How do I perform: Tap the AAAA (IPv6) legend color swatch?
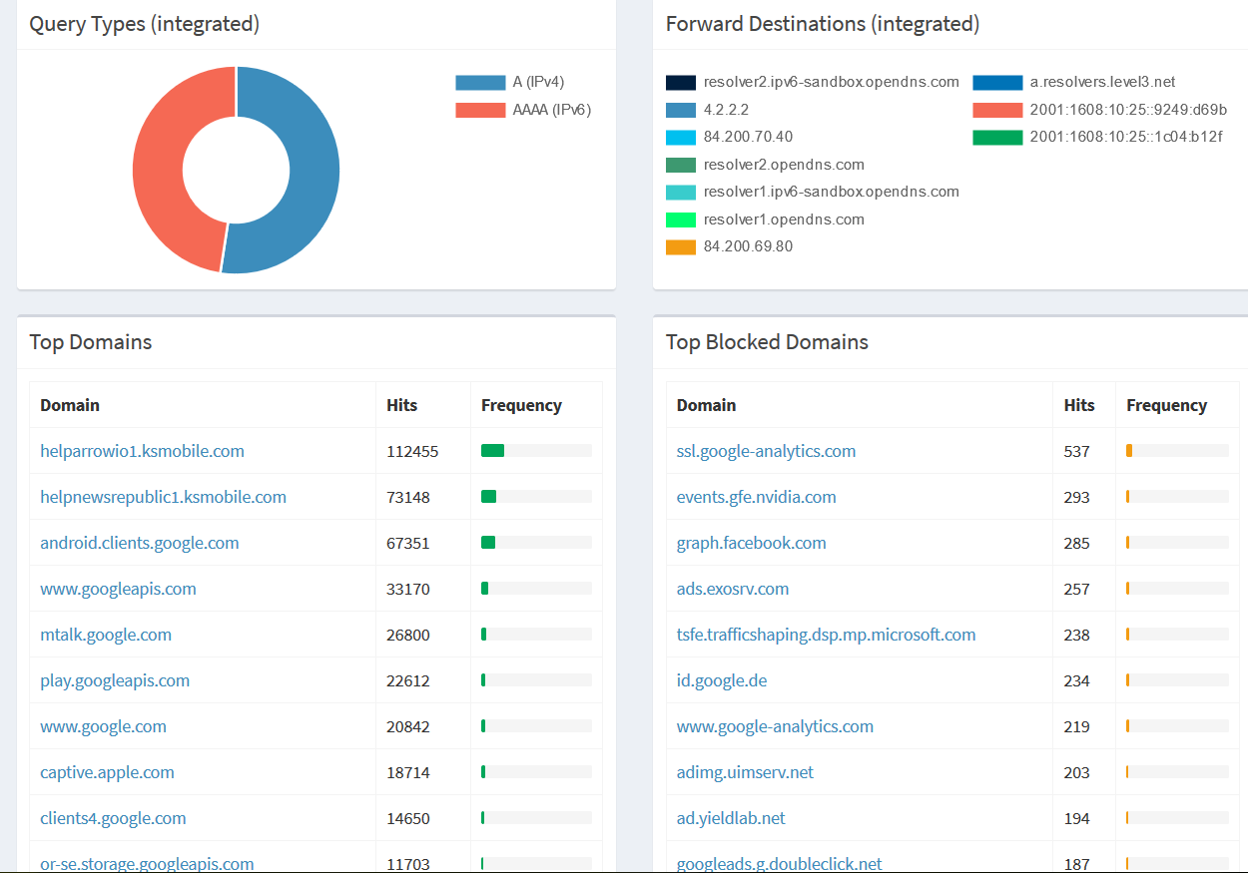(480, 110)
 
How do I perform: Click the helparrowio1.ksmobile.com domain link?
(142, 451)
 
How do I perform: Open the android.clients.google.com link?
(140, 543)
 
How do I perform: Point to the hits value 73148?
(408, 497)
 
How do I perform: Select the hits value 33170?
(408, 589)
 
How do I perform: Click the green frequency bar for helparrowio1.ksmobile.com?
(492, 451)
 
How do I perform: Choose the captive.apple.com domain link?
(107, 772)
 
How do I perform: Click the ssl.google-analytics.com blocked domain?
(766, 451)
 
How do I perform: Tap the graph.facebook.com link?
(751, 543)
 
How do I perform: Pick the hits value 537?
(1077, 451)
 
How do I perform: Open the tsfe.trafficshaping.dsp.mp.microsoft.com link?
(826, 635)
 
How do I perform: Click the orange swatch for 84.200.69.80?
(681, 246)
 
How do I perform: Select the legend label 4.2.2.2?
(726, 110)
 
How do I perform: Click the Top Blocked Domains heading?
(767, 342)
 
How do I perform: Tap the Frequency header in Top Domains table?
(521, 405)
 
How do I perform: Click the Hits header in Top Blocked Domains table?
(1079, 405)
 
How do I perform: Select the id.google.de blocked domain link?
(722, 680)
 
